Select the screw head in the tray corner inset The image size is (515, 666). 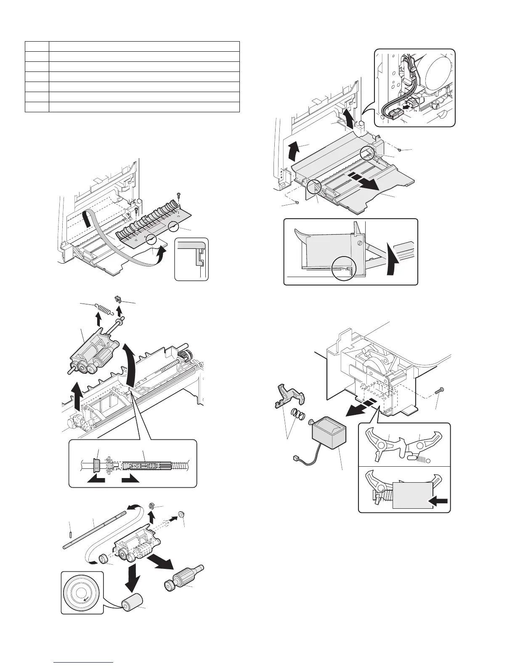pos(358,243)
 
